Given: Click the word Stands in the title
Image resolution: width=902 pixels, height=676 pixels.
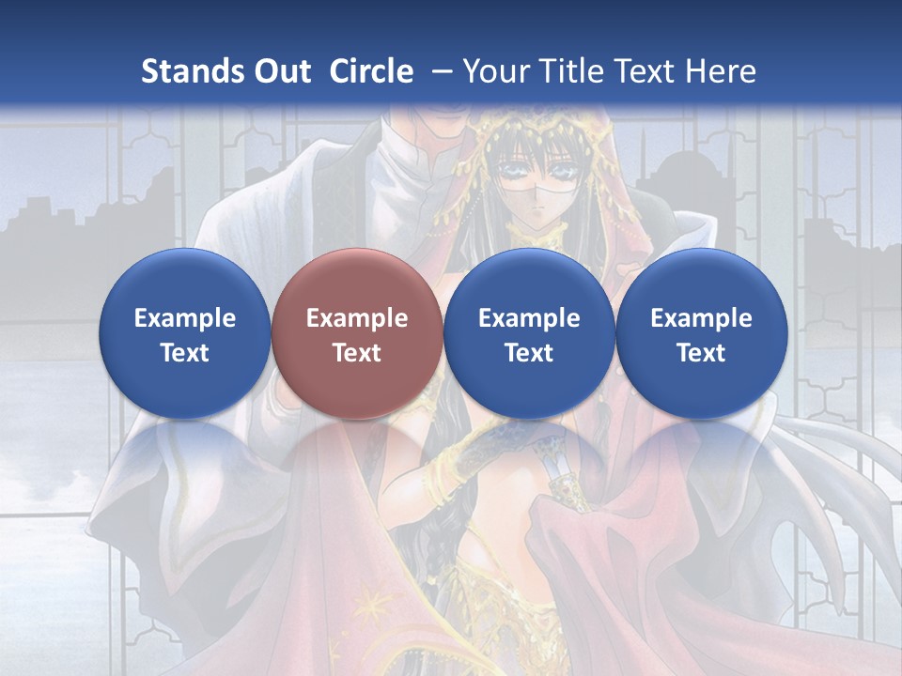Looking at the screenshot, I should click(194, 71).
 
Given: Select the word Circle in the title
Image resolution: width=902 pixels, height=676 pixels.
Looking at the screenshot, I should click(371, 71).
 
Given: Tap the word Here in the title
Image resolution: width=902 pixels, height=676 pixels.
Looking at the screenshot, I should click(721, 71).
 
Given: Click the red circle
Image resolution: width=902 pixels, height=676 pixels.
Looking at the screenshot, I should click(357, 333).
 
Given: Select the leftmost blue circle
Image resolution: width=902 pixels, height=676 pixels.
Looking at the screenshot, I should click(185, 333).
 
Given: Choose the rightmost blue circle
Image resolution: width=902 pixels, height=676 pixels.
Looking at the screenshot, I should click(701, 333).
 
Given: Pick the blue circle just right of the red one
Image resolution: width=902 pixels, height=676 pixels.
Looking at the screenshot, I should click(529, 333).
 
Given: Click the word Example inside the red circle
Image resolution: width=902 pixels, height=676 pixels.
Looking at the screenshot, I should click(357, 318).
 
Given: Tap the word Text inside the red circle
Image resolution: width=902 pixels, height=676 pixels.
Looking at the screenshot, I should click(357, 353).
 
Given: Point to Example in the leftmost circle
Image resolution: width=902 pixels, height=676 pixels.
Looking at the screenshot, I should click(185, 318).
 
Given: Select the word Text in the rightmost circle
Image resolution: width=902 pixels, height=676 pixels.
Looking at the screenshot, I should click(701, 353).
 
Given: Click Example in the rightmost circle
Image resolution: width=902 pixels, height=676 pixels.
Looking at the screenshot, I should click(701, 318).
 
